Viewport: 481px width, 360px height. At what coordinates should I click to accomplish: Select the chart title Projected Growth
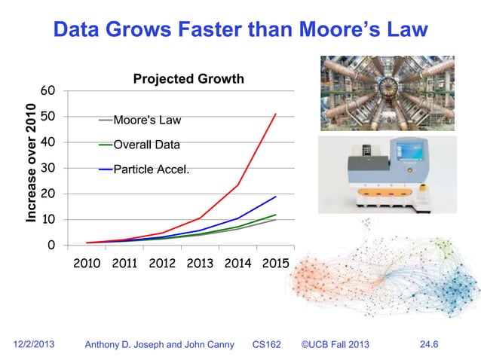click(188, 79)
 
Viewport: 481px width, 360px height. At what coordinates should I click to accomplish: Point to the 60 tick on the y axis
click(47, 91)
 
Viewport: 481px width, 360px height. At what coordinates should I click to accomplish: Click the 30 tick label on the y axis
click(47, 168)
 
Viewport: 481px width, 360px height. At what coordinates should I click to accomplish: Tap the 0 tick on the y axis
click(51, 246)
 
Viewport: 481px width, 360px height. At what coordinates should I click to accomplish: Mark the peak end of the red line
click(276, 114)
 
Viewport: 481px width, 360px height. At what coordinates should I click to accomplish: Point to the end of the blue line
click(276, 197)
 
